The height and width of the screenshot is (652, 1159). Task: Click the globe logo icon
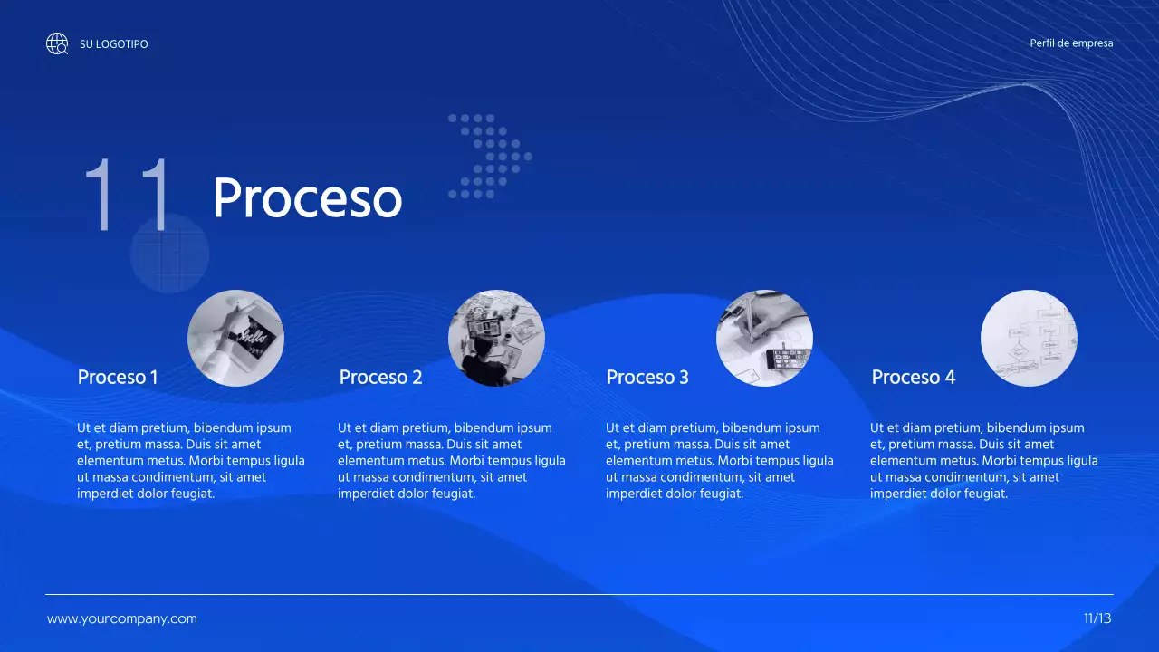tap(57, 43)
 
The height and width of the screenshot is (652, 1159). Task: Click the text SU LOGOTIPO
tap(114, 44)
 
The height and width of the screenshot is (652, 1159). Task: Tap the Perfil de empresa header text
tap(1071, 43)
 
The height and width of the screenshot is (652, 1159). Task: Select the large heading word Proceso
tap(307, 197)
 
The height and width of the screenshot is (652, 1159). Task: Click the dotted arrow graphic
tap(490, 156)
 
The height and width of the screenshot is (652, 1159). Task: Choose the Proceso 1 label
tap(118, 377)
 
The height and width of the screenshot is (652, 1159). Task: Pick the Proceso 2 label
tap(380, 377)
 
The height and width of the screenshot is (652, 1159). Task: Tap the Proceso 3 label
tap(647, 377)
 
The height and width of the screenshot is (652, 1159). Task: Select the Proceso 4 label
tap(913, 377)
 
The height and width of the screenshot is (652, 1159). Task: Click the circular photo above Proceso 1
tap(235, 338)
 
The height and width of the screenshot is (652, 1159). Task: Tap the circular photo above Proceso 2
tap(496, 338)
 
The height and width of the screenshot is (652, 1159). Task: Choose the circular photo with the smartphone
tap(764, 338)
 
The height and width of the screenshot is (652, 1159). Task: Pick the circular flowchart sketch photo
tap(1029, 338)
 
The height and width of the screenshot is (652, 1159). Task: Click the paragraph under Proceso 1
tap(190, 461)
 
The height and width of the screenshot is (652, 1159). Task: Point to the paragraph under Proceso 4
tap(983, 461)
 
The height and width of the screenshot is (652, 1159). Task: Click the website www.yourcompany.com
tap(121, 619)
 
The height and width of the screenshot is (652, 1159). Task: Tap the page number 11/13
tap(1097, 619)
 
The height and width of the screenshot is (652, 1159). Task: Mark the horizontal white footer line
tap(579, 595)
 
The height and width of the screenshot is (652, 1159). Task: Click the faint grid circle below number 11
tap(169, 254)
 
